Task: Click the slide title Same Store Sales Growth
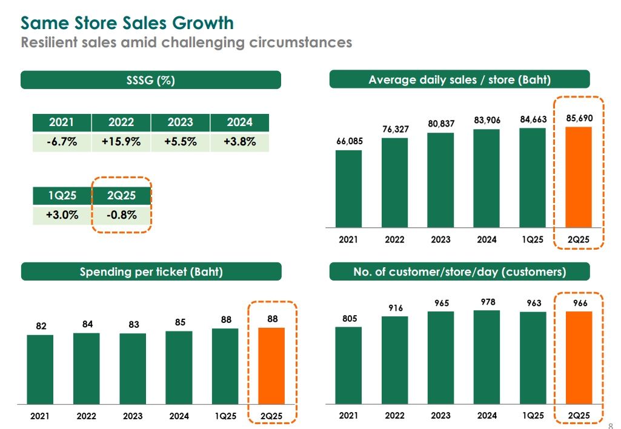pos(127,23)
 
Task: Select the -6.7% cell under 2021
pos(61,142)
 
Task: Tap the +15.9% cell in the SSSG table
pos(121,142)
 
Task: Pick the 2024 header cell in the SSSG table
pos(239,122)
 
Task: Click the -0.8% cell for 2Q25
pos(121,215)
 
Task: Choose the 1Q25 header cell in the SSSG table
pos(61,196)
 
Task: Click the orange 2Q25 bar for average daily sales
pos(579,177)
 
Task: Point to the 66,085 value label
pos(349,142)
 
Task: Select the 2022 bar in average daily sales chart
pos(394,182)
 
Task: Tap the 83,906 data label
pos(487,121)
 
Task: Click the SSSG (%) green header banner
pos(151,80)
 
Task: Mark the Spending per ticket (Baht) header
pos(151,272)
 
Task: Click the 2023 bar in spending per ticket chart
pos(133,368)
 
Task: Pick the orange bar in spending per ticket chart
pos(271,366)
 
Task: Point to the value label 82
pos(41,326)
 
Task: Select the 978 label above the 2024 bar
pos(487,301)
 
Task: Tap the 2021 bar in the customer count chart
pos(348,365)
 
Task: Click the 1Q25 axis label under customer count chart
pos(533,416)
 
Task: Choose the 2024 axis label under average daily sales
pos(487,239)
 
